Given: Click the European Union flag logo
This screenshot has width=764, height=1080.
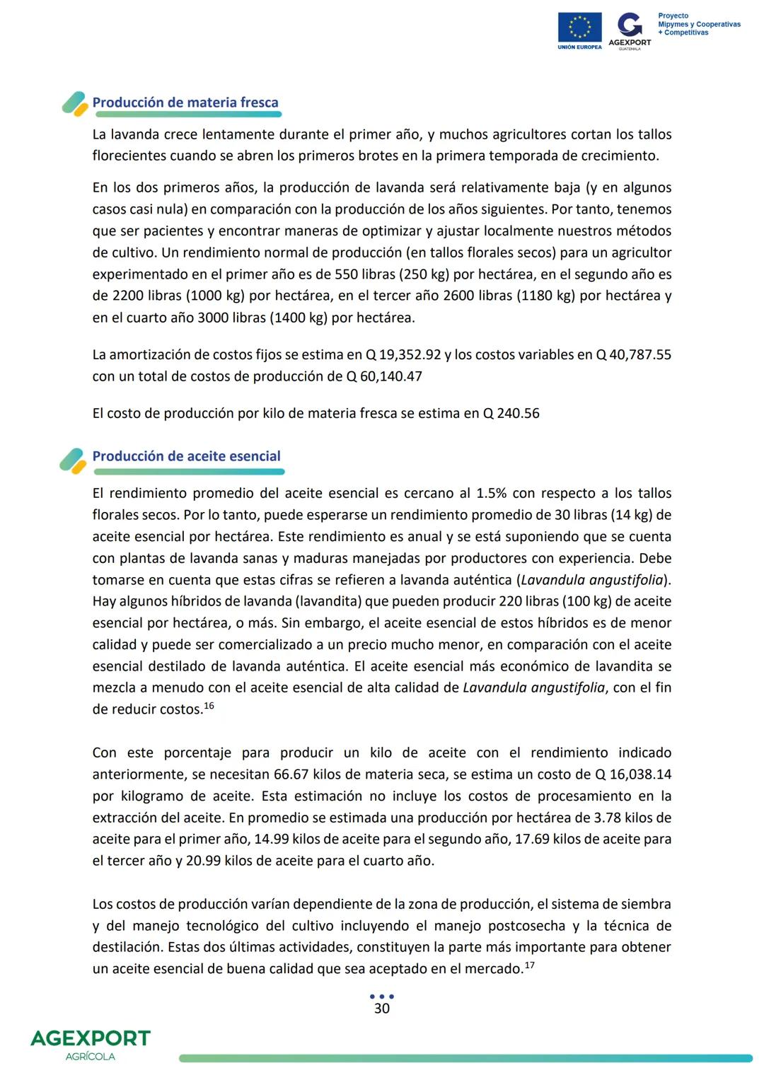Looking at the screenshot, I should [579, 28].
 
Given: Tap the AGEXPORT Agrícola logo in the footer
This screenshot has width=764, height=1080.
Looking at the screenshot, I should [91, 1044].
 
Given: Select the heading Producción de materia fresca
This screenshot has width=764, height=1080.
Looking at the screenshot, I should [185, 103].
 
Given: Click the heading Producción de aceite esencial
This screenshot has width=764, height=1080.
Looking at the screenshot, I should [186, 456].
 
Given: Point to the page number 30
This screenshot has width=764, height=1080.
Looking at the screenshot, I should [381, 1009].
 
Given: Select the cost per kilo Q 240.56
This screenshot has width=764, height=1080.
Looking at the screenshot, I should [511, 413].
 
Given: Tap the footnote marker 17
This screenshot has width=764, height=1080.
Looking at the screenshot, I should [529, 965].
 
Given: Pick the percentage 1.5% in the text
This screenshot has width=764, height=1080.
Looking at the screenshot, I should [492, 494].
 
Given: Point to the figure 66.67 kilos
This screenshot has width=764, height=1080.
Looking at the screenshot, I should [308, 774].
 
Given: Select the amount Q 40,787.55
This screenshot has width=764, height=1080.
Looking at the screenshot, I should [633, 355].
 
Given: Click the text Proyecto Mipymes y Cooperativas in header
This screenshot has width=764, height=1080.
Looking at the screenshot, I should [698, 24].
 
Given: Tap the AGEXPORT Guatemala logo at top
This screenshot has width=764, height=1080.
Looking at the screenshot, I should [630, 30].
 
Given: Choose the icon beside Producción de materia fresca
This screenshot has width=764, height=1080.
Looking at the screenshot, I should [74, 104].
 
